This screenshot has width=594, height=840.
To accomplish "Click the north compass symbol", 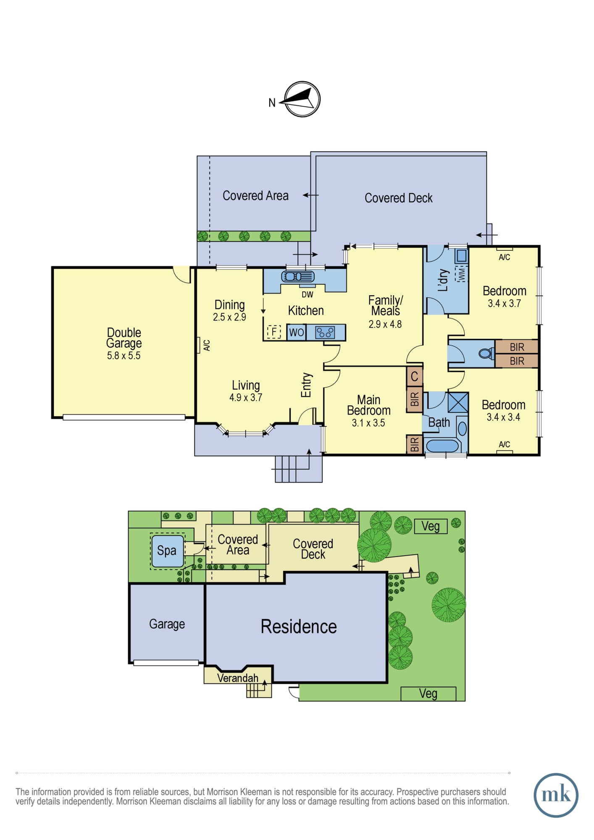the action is tap(302, 100).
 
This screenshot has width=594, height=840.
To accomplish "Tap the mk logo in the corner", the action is tap(556, 795).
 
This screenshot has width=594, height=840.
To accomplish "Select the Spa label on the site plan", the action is tap(167, 551).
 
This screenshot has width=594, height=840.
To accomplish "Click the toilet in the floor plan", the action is tap(486, 353).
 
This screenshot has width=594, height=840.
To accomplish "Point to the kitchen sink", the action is tap(298, 276).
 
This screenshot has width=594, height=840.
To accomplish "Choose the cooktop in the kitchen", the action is tap(325, 333).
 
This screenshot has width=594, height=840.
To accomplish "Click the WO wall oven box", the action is tap(296, 332).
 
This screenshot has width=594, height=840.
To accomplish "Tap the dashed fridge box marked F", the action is tap(274, 332).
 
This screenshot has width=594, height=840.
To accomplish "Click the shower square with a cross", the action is tap(458, 403).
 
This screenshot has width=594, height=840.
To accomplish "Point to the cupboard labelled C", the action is tap(414, 377).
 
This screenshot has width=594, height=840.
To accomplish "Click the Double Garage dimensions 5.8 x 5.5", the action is tap(124, 356).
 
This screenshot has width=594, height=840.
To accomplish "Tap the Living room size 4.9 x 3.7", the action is tap(246, 397).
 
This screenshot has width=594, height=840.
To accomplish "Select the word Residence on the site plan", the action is tap(299, 627).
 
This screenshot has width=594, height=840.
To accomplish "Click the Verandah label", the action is tap(238, 678).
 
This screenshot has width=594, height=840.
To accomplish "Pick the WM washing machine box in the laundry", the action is tap(462, 274).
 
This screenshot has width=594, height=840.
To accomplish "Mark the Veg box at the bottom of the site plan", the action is tap(428, 694).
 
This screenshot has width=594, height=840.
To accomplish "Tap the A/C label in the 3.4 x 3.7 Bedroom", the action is tap(505, 257).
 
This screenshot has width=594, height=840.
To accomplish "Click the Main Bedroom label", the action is tap(368, 405).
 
